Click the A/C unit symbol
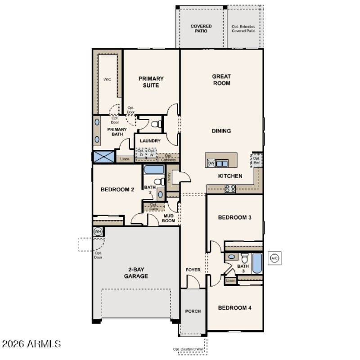coord(274,258)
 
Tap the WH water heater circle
coord(98,231)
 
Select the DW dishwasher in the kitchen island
coord(211,162)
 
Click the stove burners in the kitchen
coord(230,189)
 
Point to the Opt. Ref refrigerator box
coord(256,161)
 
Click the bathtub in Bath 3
coord(257,263)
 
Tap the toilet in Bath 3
coord(244,258)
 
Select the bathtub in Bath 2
coord(154,170)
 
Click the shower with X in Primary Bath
coord(104,157)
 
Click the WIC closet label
coord(107,79)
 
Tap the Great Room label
coord(221,80)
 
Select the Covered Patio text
coord(201,29)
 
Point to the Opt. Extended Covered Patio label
coord(243,29)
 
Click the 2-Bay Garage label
coord(136,273)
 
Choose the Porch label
coord(193,311)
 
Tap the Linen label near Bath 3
coord(230,281)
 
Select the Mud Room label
coord(168,218)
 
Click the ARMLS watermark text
coord(31,344)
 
